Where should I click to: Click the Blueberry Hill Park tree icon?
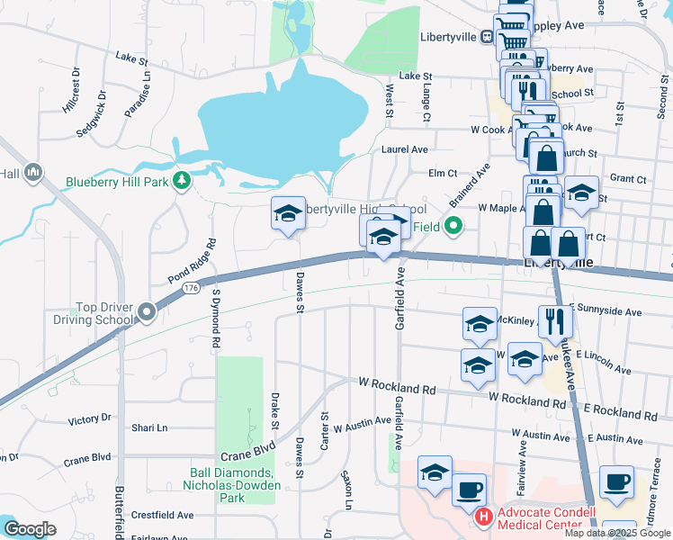(183, 181)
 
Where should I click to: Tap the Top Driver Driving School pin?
(147, 312)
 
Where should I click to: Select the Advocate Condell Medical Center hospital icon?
(483, 517)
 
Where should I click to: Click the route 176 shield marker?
(189, 288)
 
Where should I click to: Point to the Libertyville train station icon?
(487, 37)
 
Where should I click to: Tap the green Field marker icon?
(453, 227)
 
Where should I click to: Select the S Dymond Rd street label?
(216, 319)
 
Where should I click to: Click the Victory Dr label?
(89, 419)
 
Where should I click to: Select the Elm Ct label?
(444, 173)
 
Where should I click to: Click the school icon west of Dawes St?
(288, 214)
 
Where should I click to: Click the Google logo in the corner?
(30, 529)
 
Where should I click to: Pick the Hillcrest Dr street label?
(69, 89)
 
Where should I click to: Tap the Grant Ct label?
(627, 180)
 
